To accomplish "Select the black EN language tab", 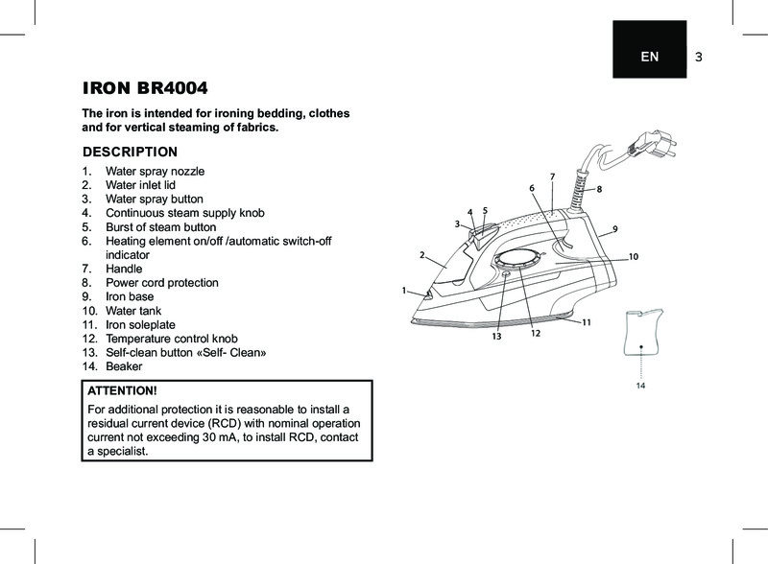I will [650, 57].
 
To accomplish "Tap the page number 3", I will [699, 57].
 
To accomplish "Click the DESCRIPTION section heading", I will [131, 152].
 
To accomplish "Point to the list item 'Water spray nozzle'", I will [155, 171].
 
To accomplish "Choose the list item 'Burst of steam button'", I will [160, 226].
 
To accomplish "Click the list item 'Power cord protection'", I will [161, 283].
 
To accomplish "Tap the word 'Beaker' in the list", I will [124, 366].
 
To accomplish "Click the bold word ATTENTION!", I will [121, 391].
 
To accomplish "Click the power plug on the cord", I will [640, 147].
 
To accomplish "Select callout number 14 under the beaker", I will [640, 385].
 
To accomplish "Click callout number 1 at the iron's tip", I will [404, 289].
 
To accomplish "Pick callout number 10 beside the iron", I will [634, 257].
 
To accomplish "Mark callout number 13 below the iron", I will [497, 337].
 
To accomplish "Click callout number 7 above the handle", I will [553, 176].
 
